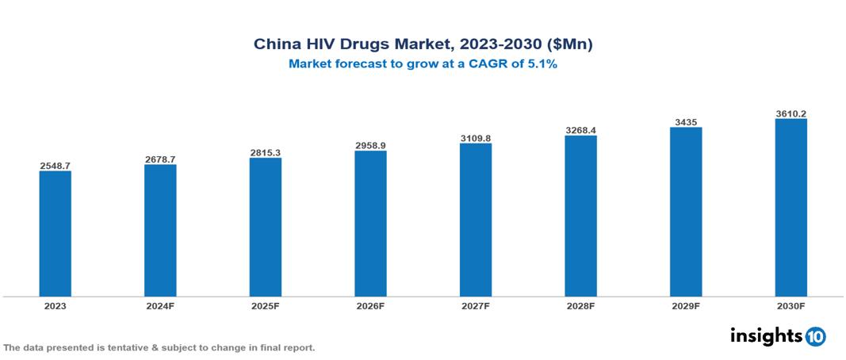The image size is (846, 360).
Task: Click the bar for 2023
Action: (56, 234)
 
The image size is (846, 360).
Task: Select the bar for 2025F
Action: (266, 228)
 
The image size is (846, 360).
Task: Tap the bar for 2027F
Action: (476, 220)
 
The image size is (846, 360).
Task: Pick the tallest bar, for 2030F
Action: (790, 208)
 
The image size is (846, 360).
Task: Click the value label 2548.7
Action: (56, 166)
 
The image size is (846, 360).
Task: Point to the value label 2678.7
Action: (160, 159)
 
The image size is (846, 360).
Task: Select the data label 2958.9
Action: (370, 146)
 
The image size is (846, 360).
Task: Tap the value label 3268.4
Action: (580, 130)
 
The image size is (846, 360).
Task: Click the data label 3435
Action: (686, 122)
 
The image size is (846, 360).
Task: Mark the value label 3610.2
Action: (790, 113)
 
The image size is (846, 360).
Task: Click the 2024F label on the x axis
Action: (160, 305)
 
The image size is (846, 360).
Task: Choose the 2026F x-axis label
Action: (370, 305)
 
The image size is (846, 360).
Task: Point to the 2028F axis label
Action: (580, 305)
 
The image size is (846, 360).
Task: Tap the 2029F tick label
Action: (686, 305)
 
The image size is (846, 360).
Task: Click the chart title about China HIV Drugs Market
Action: (423, 44)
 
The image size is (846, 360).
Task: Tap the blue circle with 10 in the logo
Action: (815, 336)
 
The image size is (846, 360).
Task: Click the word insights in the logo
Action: (766, 335)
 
